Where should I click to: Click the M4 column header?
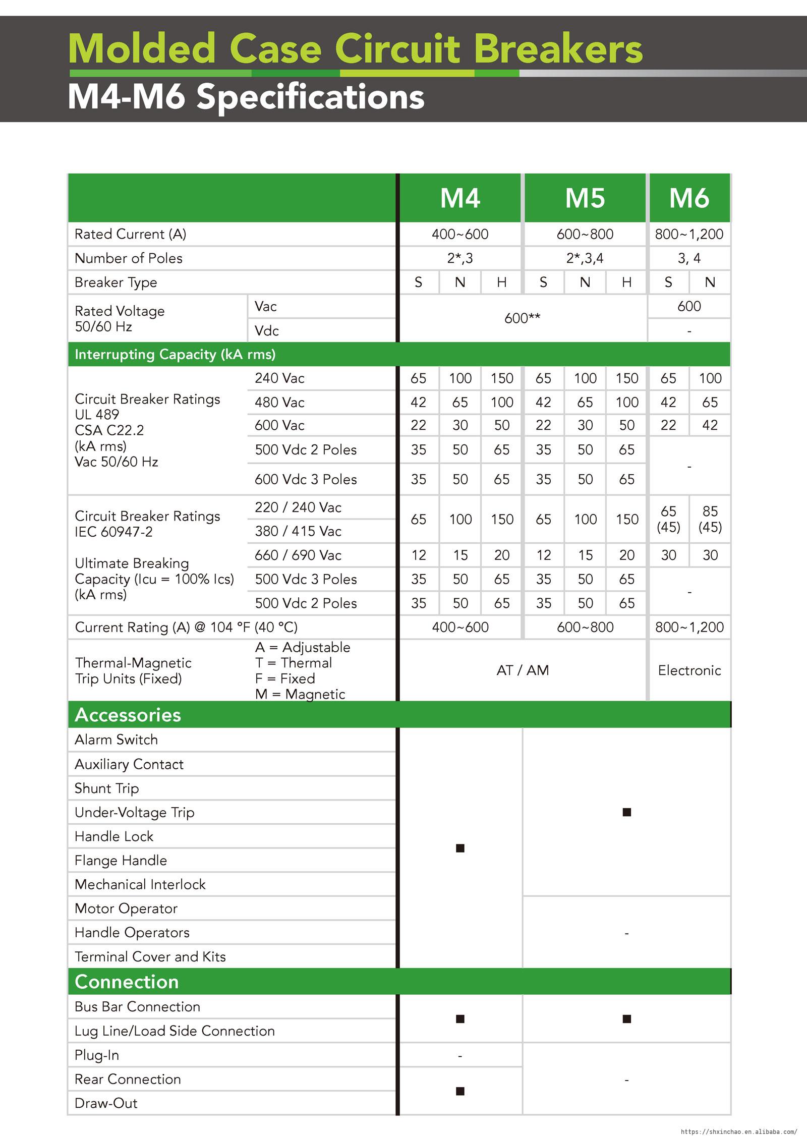460,198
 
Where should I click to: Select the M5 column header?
585,198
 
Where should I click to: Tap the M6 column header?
689,198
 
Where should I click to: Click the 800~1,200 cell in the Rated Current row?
689,234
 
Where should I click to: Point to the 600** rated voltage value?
523,318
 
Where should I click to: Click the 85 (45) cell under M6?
710,519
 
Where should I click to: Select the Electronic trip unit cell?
689,670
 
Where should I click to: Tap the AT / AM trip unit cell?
523,670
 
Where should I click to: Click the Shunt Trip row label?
106,788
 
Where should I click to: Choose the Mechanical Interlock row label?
140,885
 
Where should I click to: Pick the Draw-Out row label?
106,1103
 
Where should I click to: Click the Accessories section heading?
128,715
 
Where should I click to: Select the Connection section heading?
127,982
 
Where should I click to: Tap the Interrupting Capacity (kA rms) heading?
175,354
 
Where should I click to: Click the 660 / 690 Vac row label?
298,555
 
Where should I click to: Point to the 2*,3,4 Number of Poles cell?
585,258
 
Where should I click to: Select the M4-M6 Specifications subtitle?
246,96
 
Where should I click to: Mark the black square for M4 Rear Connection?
460,1091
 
